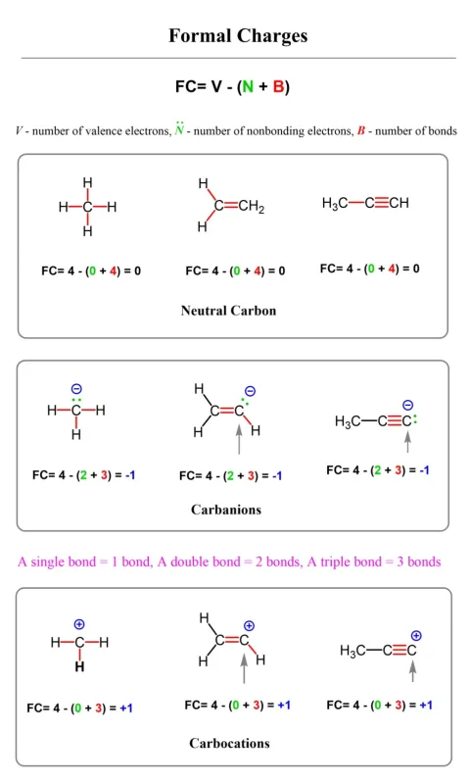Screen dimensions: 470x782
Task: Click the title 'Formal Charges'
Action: tap(238, 36)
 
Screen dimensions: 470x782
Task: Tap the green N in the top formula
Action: tap(248, 87)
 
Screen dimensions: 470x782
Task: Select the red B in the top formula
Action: tap(278, 87)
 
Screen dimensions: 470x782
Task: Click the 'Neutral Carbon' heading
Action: tap(228, 311)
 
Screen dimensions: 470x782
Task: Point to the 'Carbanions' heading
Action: tap(226, 510)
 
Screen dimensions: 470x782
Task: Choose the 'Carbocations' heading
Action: tap(229, 743)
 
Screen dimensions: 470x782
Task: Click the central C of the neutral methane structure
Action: tap(88, 207)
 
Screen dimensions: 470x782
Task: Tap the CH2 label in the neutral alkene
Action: tap(252, 207)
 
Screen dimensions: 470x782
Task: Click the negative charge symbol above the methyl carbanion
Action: tap(76, 389)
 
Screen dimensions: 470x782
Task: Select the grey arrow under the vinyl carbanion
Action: tap(239, 439)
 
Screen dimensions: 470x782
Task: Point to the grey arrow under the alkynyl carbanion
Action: tap(407, 442)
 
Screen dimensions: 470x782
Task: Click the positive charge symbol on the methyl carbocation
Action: tap(79, 624)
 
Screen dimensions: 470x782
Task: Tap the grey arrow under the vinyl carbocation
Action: tap(244, 668)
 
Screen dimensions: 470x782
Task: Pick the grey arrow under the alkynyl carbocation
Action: tap(412, 671)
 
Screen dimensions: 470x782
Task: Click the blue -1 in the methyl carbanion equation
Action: tap(130, 474)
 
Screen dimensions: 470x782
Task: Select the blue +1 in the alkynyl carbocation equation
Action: tap(426, 706)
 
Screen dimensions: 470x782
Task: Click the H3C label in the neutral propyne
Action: tap(335, 203)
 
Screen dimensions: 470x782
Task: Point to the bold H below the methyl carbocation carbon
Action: tap(79, 666)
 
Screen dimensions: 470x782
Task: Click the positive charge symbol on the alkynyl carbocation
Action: tap(416, 636)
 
